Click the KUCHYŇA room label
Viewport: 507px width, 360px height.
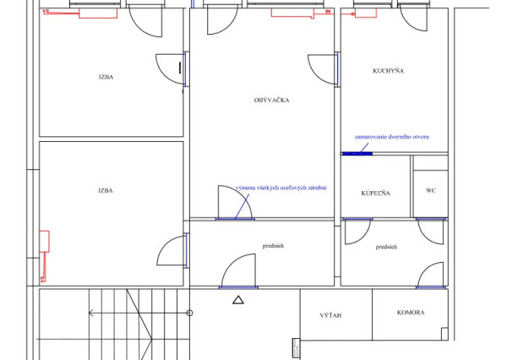point(388,70)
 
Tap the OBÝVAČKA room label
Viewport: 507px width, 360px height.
point(271,100)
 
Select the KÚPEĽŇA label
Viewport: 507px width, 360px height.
point(375,194)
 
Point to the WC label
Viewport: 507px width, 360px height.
point(431,190)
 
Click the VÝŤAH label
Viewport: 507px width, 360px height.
point(330,315)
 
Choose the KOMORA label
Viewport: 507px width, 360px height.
point(411,313)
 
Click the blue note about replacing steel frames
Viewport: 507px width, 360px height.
point(281,188)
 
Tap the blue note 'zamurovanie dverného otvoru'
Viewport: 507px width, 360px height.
point(392,137)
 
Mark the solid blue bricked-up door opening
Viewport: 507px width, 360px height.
point(357,154)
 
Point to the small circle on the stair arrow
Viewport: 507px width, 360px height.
point(190,313)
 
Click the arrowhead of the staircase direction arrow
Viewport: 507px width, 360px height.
point(90,313)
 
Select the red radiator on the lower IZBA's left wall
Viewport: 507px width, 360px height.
point(44,241)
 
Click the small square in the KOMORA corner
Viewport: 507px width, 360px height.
point(444,334)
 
